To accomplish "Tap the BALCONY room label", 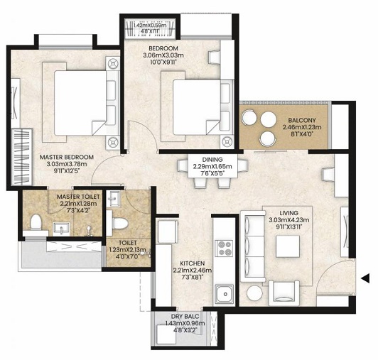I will (x=292, y=120).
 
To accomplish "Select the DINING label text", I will (x=212, y=160).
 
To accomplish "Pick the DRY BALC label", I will (x=183, y=316).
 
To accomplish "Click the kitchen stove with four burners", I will (x=225, y=249).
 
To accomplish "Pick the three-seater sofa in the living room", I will (x=252, y=245).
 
